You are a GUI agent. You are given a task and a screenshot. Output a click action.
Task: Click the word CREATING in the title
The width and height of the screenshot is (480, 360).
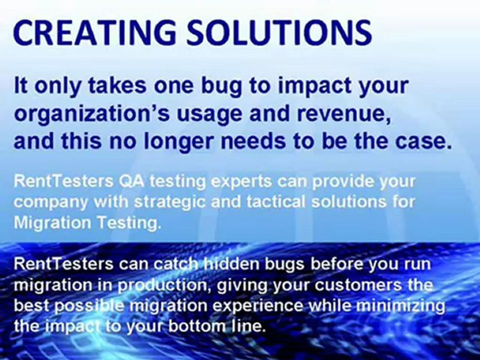[94, 32]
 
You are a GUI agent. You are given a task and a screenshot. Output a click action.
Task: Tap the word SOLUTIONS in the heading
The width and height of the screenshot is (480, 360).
[279, 32]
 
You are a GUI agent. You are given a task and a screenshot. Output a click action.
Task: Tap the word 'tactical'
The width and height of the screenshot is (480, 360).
[276, 202]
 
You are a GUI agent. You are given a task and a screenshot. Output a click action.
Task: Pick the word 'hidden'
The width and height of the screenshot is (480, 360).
[231, 264]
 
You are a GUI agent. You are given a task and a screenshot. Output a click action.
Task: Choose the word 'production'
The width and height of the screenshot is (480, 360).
[162, 286]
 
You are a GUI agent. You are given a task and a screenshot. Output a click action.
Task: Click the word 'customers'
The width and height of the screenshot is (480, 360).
[357, 285]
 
